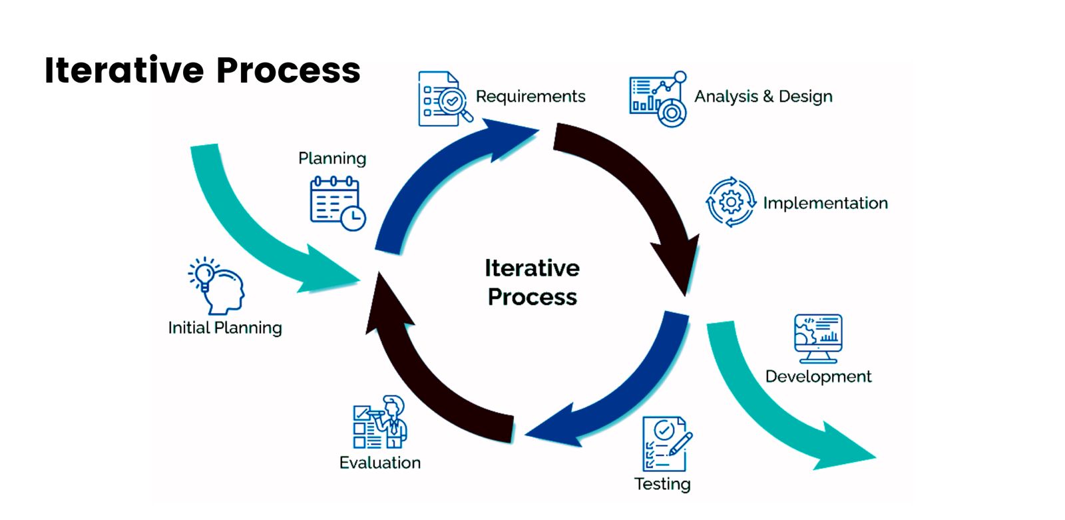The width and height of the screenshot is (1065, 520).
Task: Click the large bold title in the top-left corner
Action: (x=202, y=71)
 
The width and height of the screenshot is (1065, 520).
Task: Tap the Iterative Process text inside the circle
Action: (x=532, y=282)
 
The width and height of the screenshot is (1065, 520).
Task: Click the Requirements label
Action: (x=531, y=97)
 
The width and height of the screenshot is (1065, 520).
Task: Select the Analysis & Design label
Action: (x=763, y=97)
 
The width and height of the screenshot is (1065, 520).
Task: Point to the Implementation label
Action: (x=825, y=203)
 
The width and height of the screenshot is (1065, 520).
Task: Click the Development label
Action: (x=818, y=376)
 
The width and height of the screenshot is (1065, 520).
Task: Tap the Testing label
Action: (x=662, y=484)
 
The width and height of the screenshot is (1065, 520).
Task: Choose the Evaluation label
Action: (x=379, y=463)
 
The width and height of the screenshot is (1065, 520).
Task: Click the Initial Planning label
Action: (x=225, y=328)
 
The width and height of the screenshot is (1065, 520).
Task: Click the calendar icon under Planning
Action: (x=337, y=203)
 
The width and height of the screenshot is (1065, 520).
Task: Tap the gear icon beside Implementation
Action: (x=731, y=202)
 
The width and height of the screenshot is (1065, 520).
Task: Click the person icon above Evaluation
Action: (x=380, y=422)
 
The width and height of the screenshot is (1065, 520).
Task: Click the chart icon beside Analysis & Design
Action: (x=658, y=99)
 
